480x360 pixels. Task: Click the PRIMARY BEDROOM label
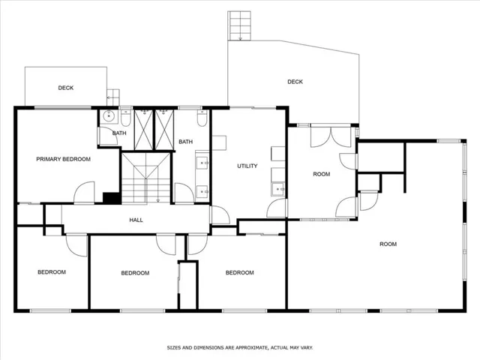click(x=63, y=159)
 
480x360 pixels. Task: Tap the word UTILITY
click(x=247, y=166)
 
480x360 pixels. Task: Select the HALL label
click(x=136, y=220)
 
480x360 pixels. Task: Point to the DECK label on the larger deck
click(x=295, y=82)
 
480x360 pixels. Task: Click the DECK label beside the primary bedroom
click(x=66, y=88)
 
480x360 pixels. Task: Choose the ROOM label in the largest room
click(x=388, y=244)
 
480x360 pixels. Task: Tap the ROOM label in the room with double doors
click(x=322, y=174)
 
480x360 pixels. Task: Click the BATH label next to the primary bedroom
click(x=119, y=133)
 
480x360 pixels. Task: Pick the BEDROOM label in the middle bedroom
click(x=135, y=273)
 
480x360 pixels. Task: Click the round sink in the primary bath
click(x=108, y=116)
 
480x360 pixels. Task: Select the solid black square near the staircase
click(x=112, y=198)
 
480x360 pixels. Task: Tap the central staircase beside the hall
click(x=146, y=178)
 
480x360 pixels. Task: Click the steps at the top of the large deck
click(x=239, y=25)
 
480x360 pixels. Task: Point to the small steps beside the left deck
click(x=113, y=97)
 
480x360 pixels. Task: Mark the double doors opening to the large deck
click(x=331, y=136)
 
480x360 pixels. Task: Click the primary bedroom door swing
click(x=84, y=193)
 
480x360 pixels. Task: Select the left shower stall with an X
click(x=143, y=130)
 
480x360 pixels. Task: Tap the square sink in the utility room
click(x=278, y=189)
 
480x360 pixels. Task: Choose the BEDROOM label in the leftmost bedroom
click(x=52, y=272)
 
